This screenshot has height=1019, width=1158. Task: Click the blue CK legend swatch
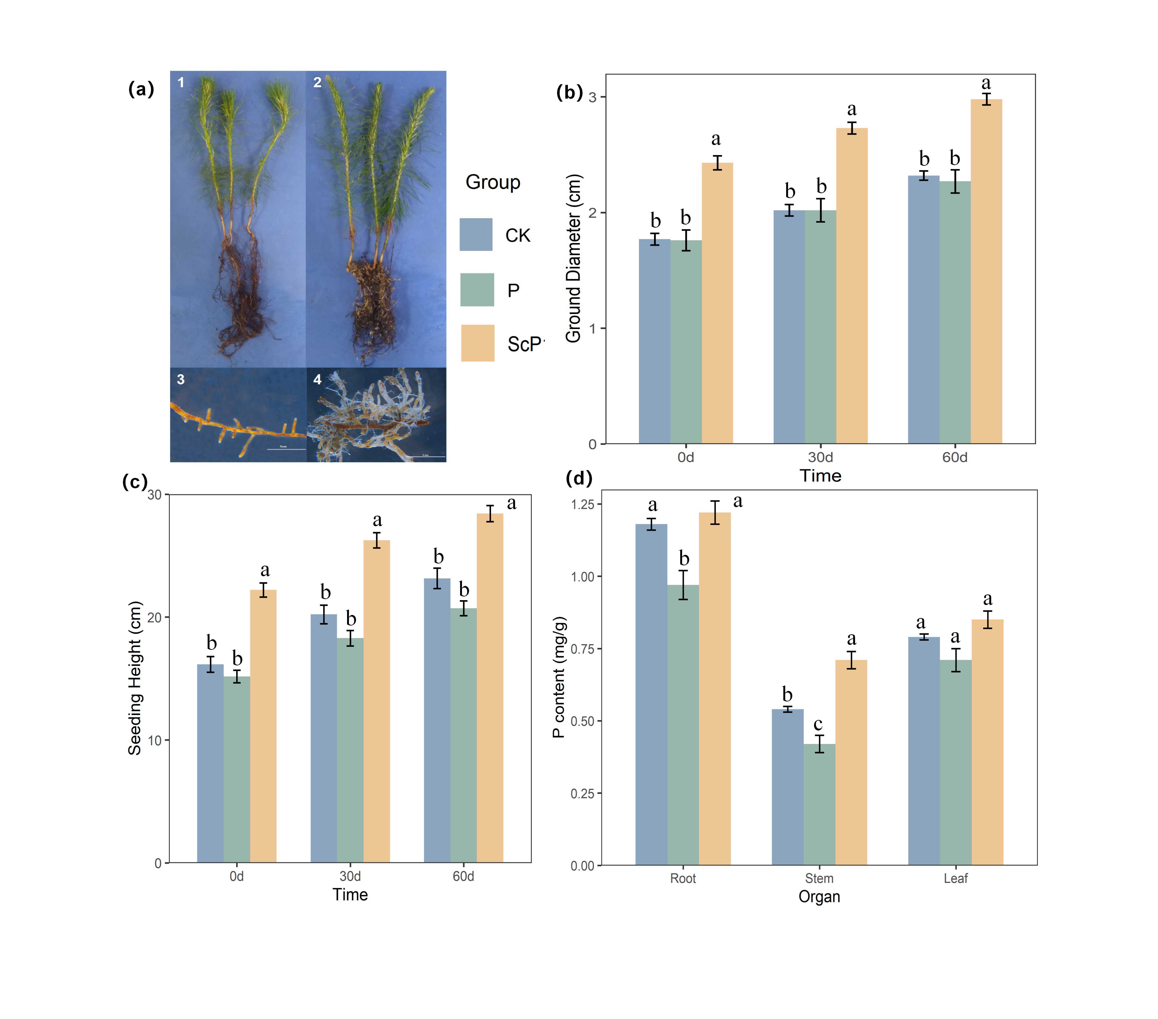(x=476, y=234)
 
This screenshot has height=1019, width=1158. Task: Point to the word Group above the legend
(x=492, y=182)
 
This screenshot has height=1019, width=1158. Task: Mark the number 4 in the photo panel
(x=317, y=379)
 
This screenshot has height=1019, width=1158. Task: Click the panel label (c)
(x=135, y=481)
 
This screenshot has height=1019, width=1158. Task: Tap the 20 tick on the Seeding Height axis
(x=154, y=617)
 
